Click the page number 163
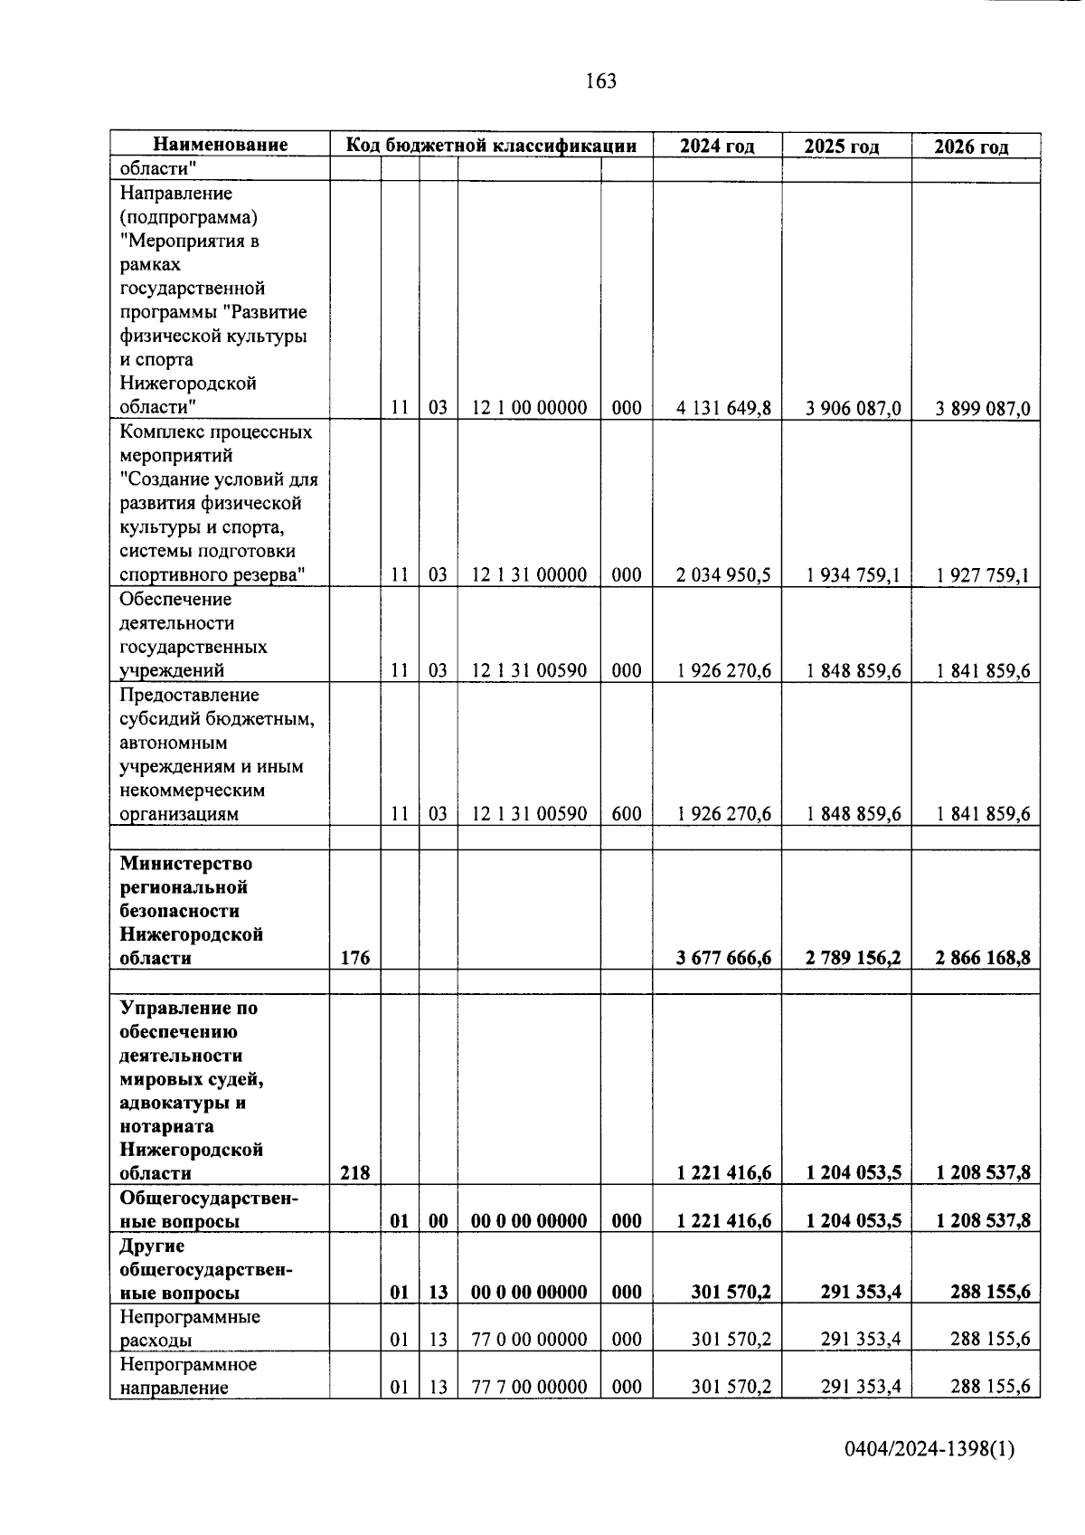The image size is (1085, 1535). [600, 81]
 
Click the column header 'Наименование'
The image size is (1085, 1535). [220, 145]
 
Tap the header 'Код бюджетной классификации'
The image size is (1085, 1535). [490, 145]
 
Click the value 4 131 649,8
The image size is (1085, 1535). [723, 408]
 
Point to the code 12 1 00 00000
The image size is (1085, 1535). [529, 408]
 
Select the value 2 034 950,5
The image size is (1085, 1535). [723, 575]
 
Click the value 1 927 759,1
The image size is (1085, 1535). [983, 575]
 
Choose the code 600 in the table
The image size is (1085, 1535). [626, 814]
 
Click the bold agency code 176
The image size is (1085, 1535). [355, 958]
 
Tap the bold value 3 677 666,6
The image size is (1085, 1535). [723, 958]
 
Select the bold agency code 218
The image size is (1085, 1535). [355, 1173]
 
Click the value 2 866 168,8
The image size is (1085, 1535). [983, 958]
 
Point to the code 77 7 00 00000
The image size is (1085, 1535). [529, 1388]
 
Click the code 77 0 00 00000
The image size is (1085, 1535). [529, 1340]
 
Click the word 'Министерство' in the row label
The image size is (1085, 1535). [186, 864]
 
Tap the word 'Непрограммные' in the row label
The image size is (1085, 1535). [190, 1317]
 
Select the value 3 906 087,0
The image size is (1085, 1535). [854, 408]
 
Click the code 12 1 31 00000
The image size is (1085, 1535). [529, 575]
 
